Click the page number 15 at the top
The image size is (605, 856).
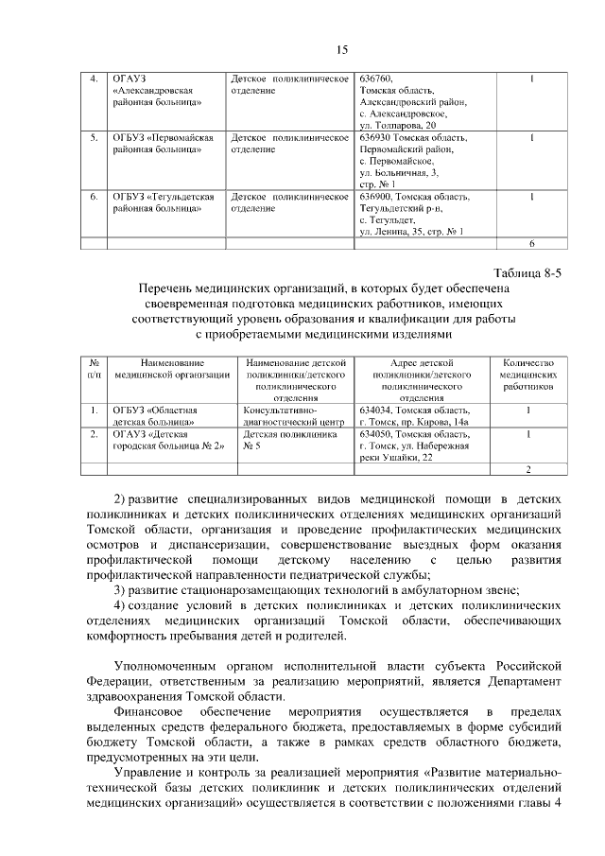pyautogui.click(x=342, y=49)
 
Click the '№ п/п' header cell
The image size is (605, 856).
pyautogui.click(x=94, y=369)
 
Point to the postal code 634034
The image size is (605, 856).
pyautogui.click(x=375, y=411)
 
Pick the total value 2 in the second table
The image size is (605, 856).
pyautogui.click(x=528, y=469)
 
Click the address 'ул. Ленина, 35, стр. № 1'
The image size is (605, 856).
pyautogui.click(x=411, y=232)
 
